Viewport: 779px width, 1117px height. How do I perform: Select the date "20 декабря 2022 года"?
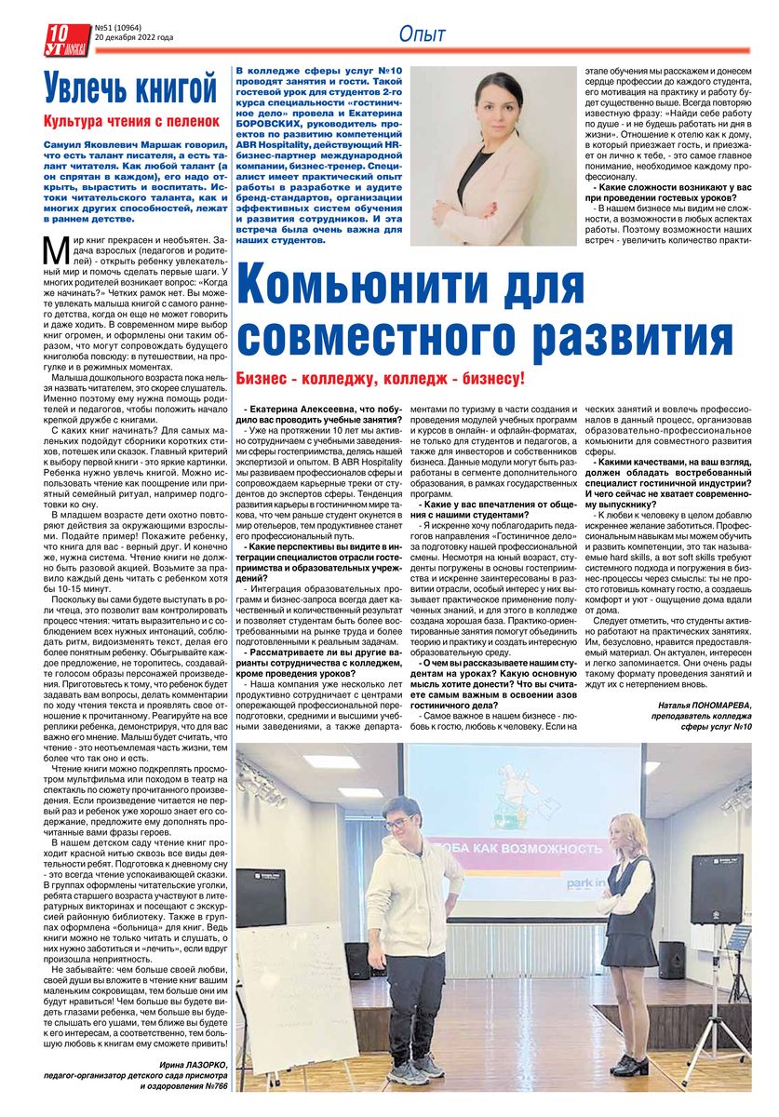[x=134, y=39]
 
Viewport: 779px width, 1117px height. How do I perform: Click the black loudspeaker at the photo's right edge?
[x=717, y=888]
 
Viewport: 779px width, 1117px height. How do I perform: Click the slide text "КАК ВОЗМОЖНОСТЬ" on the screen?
[x=531, y=848]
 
